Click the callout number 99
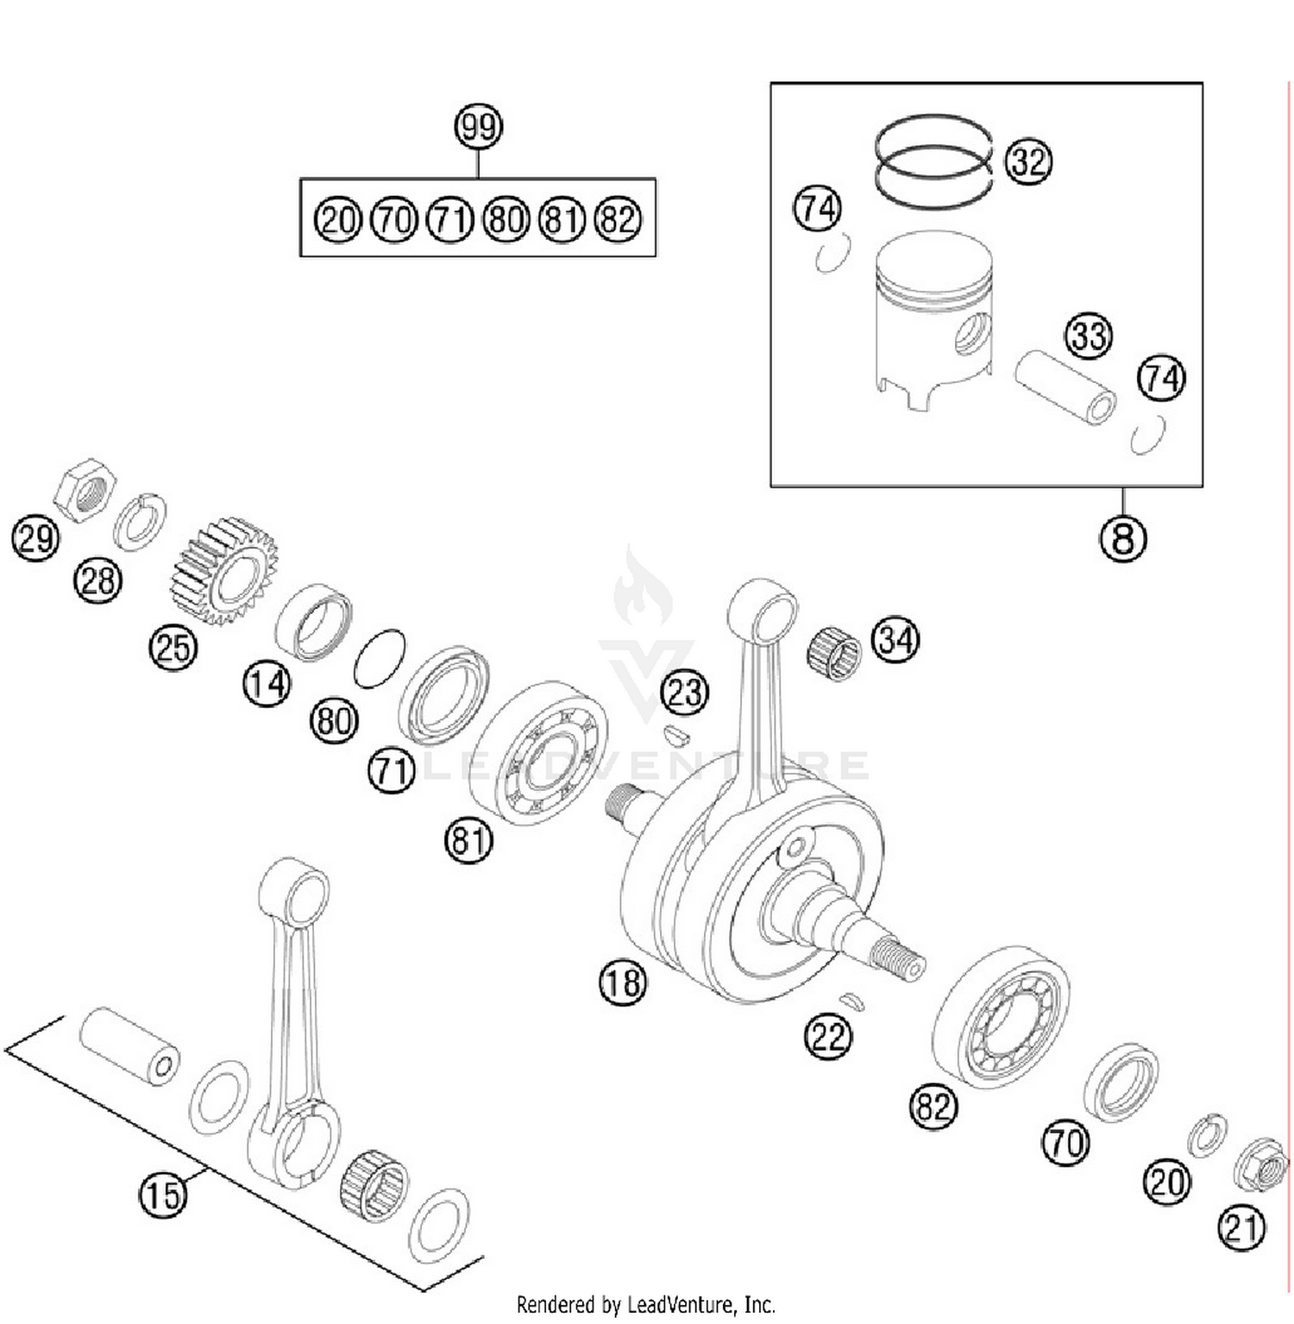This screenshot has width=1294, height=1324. pos(479,127)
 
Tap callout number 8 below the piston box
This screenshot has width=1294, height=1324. pos(1122,538)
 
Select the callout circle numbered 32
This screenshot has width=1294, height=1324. pos(1027,161)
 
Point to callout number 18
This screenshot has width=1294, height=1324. pos(622,982)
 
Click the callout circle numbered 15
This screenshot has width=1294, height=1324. pos(162,1195)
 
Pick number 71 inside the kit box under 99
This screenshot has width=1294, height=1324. pos(450,219)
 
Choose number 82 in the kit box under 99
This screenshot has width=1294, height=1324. pos(619,219)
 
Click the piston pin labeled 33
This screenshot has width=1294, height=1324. pos(1065,386)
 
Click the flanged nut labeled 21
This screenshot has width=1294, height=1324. pos(1260,1167)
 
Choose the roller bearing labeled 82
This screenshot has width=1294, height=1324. pos(1001,1018)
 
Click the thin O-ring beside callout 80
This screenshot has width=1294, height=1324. pos(380,658)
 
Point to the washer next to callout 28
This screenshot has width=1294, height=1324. pos(141,522)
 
